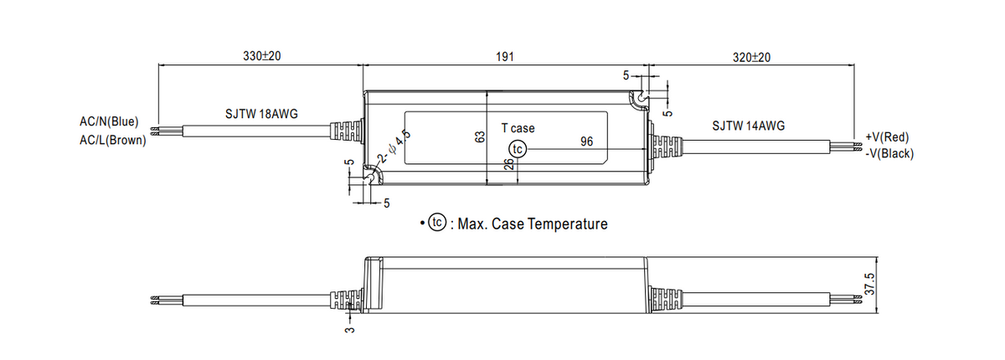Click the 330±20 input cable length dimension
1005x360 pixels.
click(261, 56)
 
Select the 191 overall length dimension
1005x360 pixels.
click(505, 57)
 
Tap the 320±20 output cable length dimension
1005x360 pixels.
click(751, 58)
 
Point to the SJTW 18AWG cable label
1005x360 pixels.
click(261, 114)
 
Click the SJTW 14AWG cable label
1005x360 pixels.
click(749, 126)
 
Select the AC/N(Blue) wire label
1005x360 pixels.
click(109, 121)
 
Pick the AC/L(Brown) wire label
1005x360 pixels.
click(113, 141)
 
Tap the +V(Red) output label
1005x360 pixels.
click(887, 137)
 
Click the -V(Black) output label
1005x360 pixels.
click(889, 154)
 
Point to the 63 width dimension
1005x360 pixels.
click(480, 137)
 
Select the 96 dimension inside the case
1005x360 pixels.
click(586, 141)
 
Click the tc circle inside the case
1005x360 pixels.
click(518, 149)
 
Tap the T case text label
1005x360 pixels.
click(518, 128)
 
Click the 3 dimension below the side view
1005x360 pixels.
click(350, 330)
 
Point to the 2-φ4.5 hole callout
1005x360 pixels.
click(394, 147)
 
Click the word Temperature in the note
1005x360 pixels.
click(568, 224)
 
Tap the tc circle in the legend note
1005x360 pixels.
click(437, 223)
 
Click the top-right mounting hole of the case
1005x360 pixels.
click(642, 97)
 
